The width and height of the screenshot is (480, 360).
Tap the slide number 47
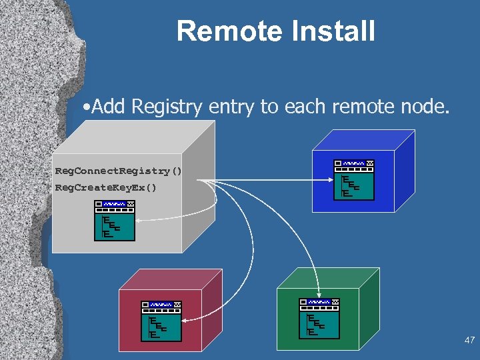(469, 341)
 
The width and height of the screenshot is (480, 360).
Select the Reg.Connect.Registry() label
(118, 171)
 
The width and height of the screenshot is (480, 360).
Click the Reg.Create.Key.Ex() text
(105, 188)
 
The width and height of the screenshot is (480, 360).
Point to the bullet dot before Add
(87, 107)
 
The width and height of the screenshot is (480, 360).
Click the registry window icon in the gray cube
(115, 220)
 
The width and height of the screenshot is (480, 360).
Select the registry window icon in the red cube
(161, 320)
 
